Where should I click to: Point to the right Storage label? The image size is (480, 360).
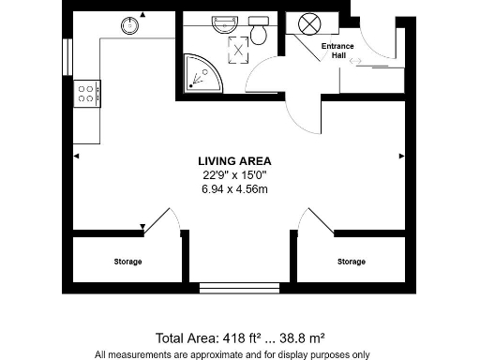352,262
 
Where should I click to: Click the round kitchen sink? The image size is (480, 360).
127,26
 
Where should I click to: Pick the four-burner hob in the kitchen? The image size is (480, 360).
88,92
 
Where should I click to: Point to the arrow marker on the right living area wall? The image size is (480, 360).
400,155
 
